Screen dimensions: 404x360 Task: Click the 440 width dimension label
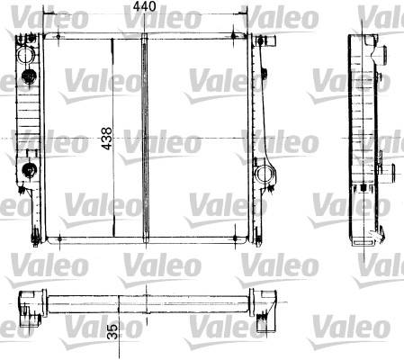pyautogui.click(x=145, y=6)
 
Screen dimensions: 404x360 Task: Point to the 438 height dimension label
pyautogui.click(x=106, y=139)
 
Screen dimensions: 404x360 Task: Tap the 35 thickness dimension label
pyautogui.click(x=112, y=331)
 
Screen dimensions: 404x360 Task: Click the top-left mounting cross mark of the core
pyautogui.click(x=58, y=37)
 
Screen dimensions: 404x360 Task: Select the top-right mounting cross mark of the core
pyautogui.click(x=234, y=36)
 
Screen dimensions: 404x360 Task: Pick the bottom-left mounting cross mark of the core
pyautogui.click(x=59, y=239)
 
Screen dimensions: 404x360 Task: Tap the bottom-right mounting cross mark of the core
pyautogui.click(x=235, y=238)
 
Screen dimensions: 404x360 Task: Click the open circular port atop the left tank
pyautogui.click(x=26, y=55)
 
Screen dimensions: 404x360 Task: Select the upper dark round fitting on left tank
pyautogui.click(x=29, y=76)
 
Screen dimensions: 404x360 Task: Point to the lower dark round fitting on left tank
pyautogui.click(x=30, y=171)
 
